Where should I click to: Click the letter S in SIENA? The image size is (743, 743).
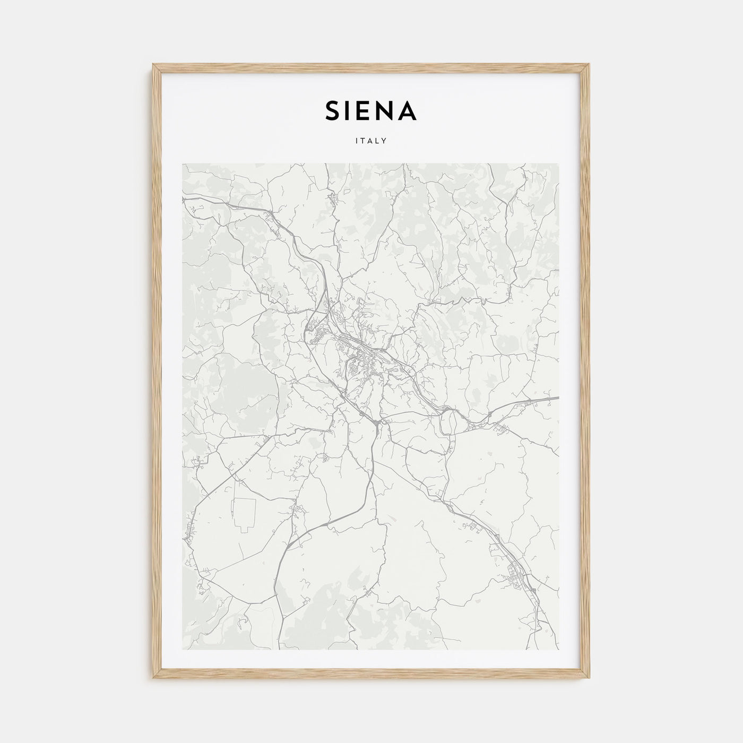click(333, 111)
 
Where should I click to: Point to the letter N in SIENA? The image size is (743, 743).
click(387, 111)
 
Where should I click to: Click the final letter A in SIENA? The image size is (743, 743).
click(408, 111)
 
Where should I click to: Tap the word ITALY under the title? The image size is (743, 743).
click(371, 141)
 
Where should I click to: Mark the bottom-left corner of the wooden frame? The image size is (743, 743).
click(154, 678)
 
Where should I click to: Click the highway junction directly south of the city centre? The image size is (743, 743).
click(376, 423)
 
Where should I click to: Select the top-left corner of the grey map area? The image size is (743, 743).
click(183, 164)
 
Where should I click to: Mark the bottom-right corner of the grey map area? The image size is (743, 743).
click(558, 649)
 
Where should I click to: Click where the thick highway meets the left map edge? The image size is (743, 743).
click(184, 198)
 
